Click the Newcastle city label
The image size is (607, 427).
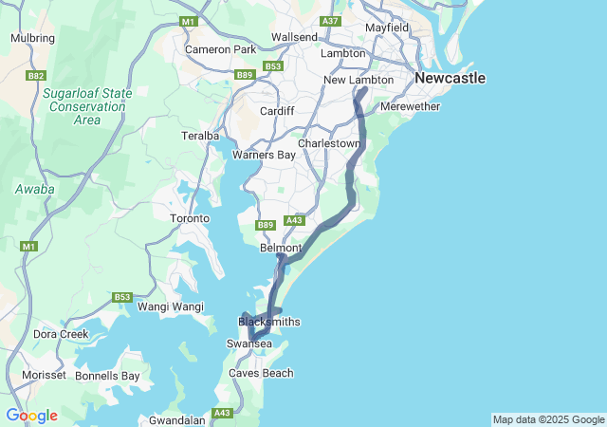[450, 78]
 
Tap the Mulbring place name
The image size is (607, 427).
[32, 39]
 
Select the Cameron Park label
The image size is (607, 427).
[220, 49]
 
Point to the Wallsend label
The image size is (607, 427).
[294, 37]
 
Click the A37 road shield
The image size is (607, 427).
[330, 21]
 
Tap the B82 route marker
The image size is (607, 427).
[37, 75]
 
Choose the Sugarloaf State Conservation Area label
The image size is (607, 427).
[86, 106]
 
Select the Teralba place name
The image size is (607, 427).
[200, 137]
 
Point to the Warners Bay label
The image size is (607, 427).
[264, 155]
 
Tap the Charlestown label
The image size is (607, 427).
[329, 143]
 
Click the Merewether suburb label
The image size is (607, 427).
[410, 107]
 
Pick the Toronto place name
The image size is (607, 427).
[189, 219]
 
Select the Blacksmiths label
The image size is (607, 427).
[268, 322]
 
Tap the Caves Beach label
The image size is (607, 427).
[261, 373]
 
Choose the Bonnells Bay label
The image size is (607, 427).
[107, 376]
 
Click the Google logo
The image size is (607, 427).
[31, 416]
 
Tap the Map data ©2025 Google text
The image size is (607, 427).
[547, 419]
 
